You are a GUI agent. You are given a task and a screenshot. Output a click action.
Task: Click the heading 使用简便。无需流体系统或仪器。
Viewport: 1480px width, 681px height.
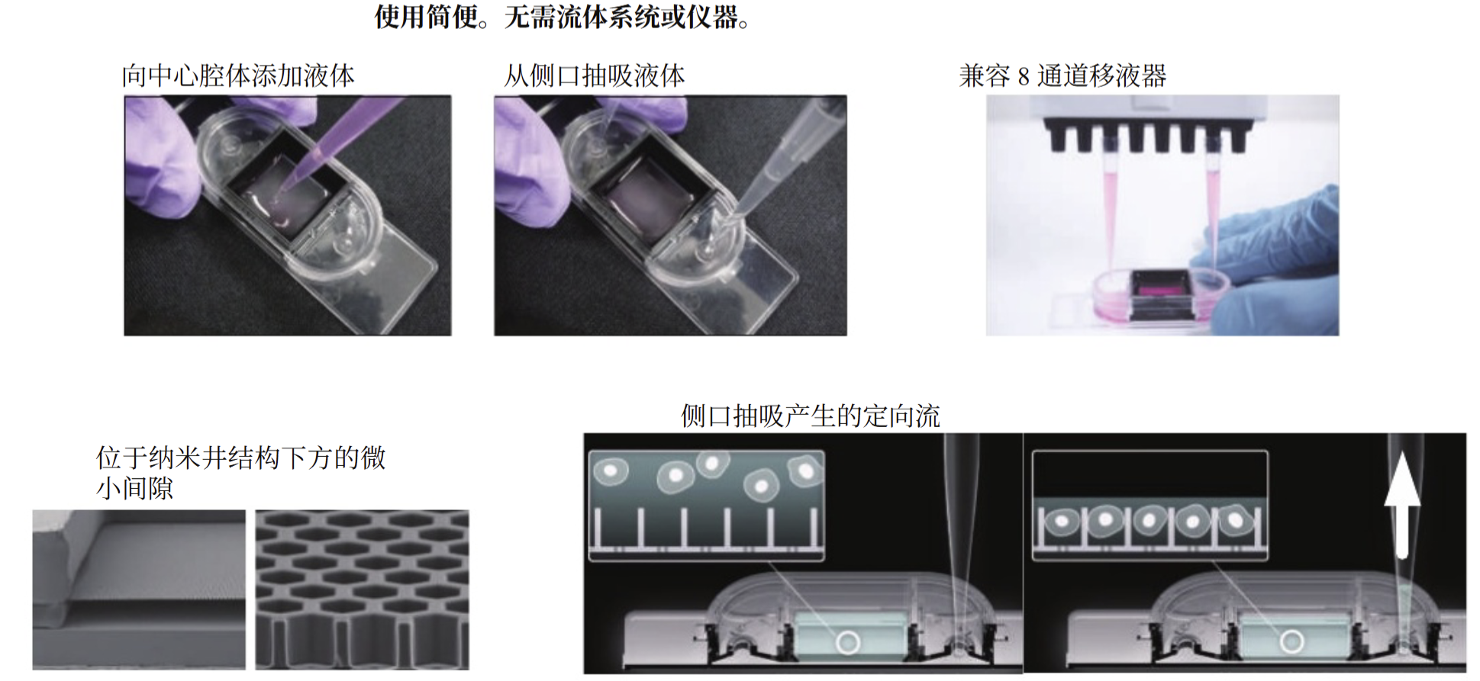[x=563, y=17]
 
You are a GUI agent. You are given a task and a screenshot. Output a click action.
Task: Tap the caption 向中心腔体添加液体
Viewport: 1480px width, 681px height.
[x=238, y=76]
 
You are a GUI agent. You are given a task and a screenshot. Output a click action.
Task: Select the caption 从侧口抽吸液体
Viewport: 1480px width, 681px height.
[x=594, y=76]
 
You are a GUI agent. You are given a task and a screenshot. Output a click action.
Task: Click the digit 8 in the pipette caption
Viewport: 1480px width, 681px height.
[x=1024, y=77]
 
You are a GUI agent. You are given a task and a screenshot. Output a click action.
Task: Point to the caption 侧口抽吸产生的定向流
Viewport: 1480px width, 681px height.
[x=810, y=416]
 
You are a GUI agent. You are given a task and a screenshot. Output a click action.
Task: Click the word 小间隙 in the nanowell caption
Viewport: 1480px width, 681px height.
[x=135, y=489]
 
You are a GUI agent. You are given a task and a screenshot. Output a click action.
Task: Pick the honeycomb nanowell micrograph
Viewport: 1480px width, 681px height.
[x=362, y=589]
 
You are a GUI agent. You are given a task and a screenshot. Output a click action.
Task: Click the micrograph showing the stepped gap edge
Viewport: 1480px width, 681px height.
[x=139, y=589]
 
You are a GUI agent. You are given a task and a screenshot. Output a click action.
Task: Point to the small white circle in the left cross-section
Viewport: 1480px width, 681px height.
[x=848, y=641]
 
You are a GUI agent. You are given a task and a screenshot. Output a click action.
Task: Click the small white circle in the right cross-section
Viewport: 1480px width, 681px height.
[x=1291, y=641]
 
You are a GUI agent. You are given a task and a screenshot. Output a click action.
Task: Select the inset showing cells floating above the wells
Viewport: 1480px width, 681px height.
[x=706, y=506]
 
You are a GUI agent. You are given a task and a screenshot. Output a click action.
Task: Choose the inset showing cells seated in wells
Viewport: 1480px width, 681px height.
[x=1149, y=506]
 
